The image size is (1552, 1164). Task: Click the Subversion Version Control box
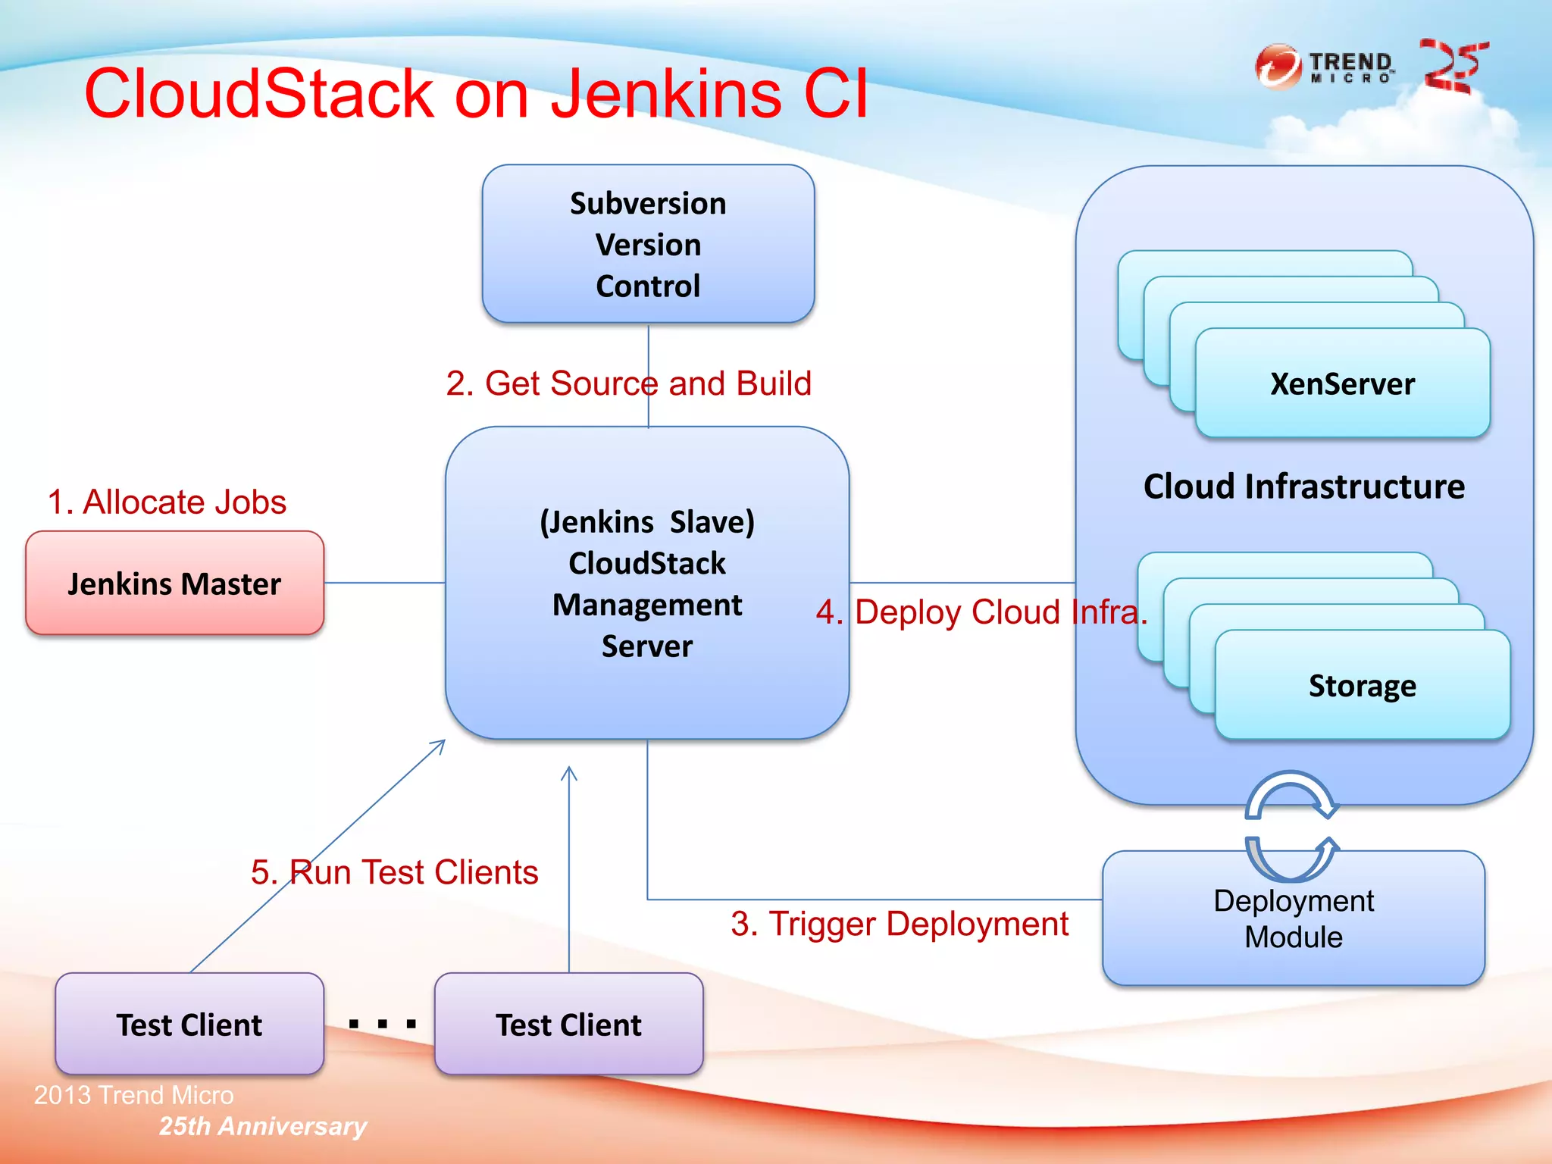point(648,244)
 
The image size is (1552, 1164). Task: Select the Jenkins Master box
point(174,584)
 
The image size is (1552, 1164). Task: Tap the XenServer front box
point(1342,383)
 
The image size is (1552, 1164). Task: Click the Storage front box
point(1362,685)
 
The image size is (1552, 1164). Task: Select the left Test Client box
point(189,1025)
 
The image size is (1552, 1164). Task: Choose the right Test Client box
point(568,1025)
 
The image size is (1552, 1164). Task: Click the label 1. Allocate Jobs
point(167,502)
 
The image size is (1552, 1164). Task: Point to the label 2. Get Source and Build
point(628,383)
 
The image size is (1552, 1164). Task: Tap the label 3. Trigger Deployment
point(899,924)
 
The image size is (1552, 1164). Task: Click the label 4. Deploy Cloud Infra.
point(981,612)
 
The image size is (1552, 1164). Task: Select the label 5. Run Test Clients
point(394,872)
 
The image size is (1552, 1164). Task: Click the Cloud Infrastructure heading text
point(1303,487)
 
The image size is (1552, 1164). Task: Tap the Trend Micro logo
point(1324,67)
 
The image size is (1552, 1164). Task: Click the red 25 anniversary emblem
point(1453,67)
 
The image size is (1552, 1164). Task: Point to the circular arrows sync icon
point(1291,826)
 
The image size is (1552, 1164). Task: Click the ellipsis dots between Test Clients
point(382,1025)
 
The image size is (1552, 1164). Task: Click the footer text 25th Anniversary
point(262,1126)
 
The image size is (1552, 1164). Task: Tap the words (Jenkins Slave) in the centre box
point(647,522)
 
